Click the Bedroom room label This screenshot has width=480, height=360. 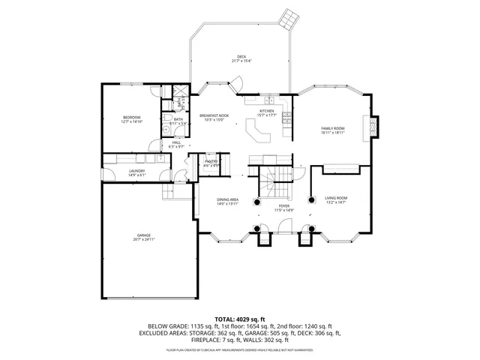pos(132,118)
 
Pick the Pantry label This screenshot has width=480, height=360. pos(211,162)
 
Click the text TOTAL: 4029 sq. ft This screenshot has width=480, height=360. pos(240,319)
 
